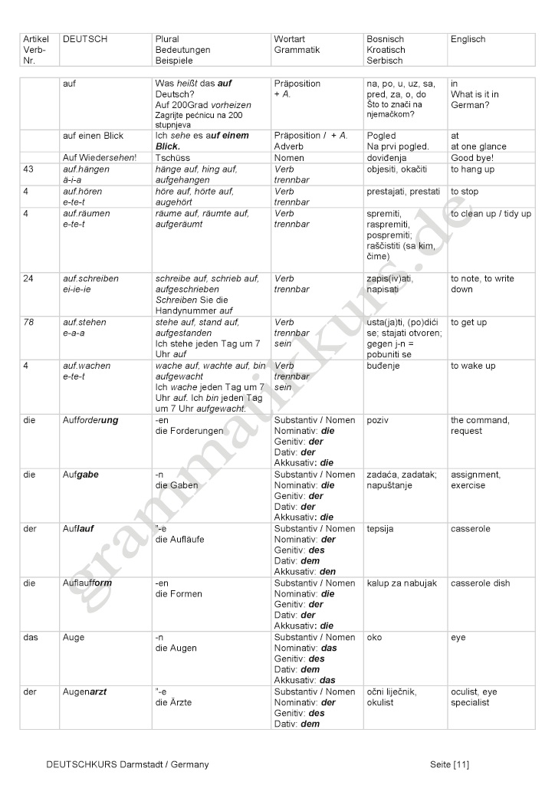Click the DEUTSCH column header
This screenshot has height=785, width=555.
tap(85, 39)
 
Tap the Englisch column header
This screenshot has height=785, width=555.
tap(468, 39)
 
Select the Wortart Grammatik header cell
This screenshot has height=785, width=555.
tap(297, 44)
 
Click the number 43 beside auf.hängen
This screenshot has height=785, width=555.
tap(28, 169)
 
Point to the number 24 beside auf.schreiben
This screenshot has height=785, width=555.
tap(28, 278)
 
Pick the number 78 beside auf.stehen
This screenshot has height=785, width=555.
tap(28, 323)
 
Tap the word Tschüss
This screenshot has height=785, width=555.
tap(172, 157)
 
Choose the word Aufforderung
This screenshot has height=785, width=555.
tap(90, 420)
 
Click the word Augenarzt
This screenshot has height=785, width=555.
tap(84, 692)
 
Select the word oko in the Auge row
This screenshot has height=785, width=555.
tap(375, 638)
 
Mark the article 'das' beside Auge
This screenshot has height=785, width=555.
tap(31, 638)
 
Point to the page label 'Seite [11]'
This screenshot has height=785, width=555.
tap(450, 764)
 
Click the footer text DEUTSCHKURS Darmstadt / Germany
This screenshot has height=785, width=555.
tap(127, 764)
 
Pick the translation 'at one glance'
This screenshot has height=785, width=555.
tap(478, 146)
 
